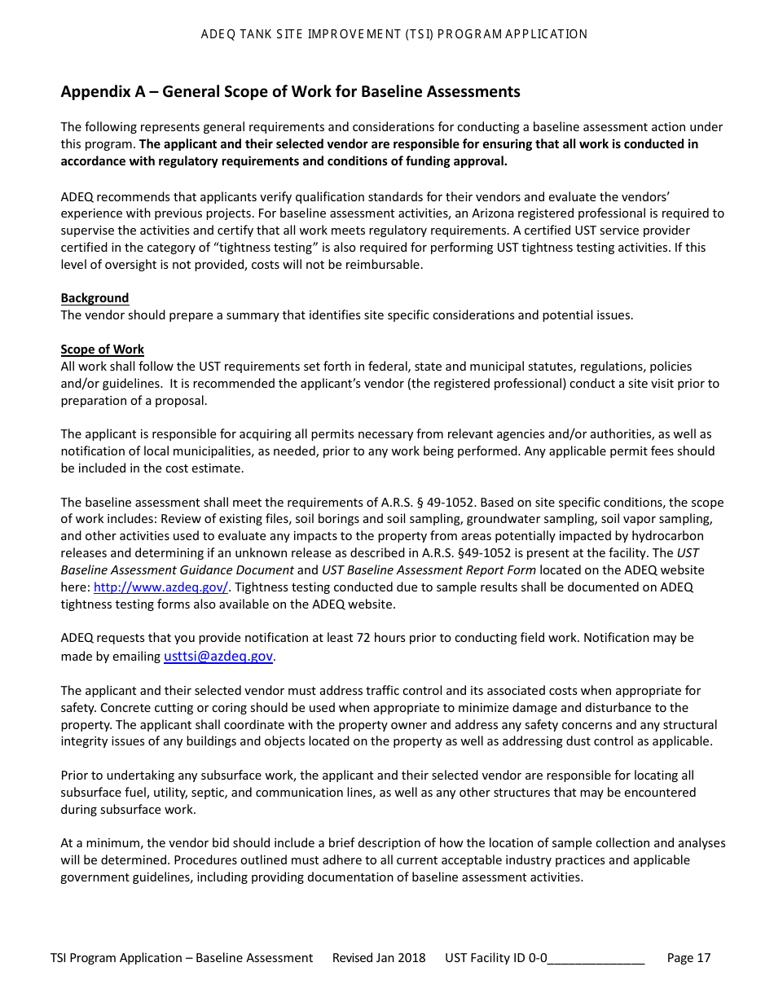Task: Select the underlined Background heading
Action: (95, 298)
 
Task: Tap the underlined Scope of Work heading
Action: (102, 349)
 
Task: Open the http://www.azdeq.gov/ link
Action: (161, 587)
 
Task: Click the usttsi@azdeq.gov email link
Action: (218, 657)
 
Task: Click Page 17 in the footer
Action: (688, 958)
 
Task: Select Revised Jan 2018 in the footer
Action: (379, 958)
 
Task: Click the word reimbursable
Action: (385, 265)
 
